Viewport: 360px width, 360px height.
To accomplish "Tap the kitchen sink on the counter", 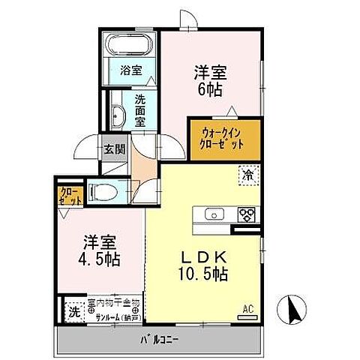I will tap(212, 215).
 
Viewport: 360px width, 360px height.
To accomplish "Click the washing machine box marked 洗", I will tap(74, 309).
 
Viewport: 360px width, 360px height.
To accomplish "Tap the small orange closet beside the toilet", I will tap(66, 196).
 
